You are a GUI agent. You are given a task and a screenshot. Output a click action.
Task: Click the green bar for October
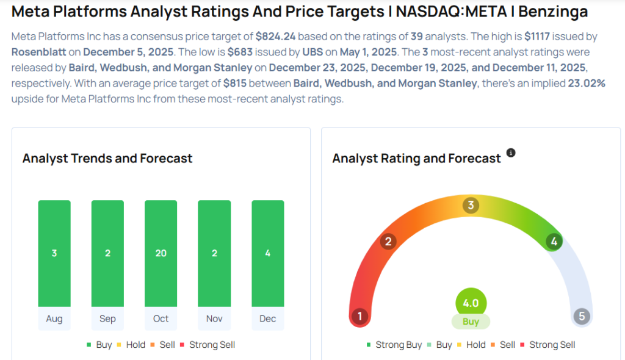click(161, 253)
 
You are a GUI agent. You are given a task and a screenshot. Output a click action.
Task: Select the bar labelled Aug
click(54, 253)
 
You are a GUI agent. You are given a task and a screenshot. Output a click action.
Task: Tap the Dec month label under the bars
click(267, 319)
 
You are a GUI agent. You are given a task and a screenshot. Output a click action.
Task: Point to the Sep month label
click(107, 319)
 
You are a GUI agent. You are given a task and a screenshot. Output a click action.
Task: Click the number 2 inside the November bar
click(214, 253)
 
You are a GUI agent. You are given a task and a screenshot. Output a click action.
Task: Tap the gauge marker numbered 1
click(360, 316)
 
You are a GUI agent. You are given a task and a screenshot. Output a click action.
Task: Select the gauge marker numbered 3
click(470, 205)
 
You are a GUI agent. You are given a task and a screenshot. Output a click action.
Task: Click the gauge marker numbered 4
click(554, 242)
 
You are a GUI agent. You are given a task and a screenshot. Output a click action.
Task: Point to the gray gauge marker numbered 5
click(582, 316)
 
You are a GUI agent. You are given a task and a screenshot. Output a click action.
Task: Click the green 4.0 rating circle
click(471, 303)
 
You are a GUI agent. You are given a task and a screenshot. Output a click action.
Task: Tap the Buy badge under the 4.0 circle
click(471, 322)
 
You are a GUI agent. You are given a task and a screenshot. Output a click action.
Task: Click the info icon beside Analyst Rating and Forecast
click(511, 153)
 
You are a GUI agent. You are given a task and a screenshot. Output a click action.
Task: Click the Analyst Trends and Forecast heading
click(107, 159)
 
